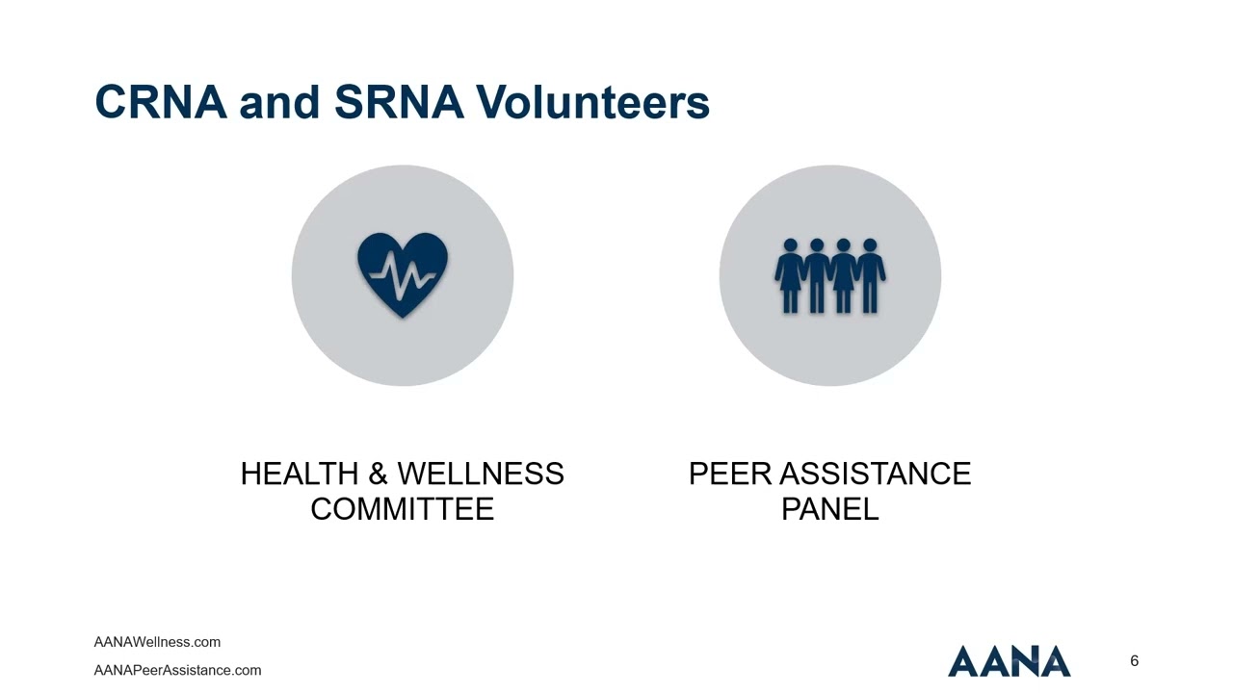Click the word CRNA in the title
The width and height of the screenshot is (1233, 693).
click(161, 102)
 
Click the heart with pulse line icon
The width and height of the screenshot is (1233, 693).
click(403, 274)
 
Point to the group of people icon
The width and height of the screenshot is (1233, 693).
click(830, 275)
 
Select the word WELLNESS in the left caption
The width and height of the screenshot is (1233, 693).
click(481, 474)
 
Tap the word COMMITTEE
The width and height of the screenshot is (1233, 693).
click(402, 508)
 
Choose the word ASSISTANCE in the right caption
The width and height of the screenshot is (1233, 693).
click(875, 474)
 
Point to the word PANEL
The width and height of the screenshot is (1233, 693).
click(829, 508)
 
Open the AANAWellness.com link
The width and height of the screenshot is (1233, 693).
click(157, 642)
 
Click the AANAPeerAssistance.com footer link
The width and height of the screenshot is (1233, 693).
click(177, 670)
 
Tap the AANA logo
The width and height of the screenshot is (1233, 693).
click(1009, 661)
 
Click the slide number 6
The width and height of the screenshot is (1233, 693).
click(1134, 661)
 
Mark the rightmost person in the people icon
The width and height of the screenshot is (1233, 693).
click(871, 275)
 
